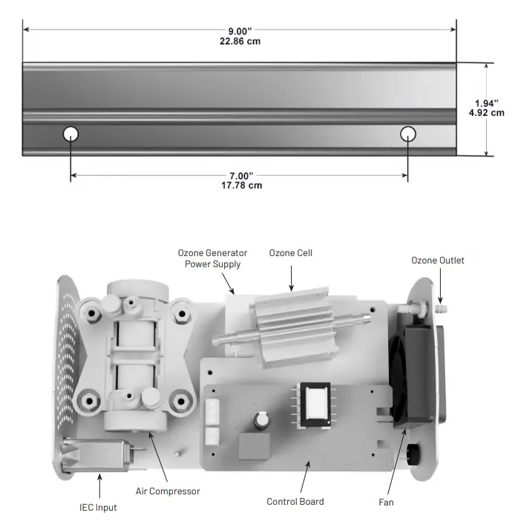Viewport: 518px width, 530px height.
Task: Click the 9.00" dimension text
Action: pos(240,30)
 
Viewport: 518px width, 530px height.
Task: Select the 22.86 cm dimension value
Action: pos(240,41)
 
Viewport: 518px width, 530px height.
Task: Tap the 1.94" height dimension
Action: pos(487,103)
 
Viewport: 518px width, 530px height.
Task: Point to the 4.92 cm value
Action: pos(487,114)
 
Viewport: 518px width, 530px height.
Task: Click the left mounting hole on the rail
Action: pos(71,134)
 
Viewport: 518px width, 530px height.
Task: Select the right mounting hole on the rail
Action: pos(407,134)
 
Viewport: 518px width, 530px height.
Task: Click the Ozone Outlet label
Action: pos(438,260)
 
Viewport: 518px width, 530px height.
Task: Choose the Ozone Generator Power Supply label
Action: pos(212,258)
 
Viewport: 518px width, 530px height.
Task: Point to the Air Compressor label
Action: pos(168,491)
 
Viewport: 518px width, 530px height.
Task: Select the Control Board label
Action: pos(295,502)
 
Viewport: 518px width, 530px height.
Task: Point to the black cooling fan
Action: pos(409,379)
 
